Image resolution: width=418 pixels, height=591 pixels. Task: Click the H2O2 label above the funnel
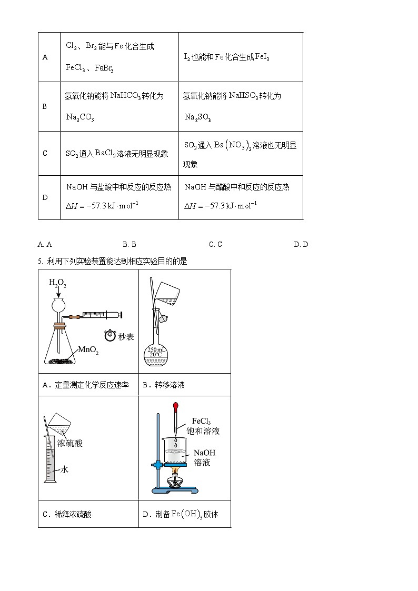click(x=57, y=283)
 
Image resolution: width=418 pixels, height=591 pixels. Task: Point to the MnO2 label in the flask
click(x=88, y=350)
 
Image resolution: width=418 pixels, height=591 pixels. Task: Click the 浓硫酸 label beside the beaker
click(x=70, y=443)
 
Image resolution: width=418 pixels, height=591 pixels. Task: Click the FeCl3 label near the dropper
click(x=202, y=421)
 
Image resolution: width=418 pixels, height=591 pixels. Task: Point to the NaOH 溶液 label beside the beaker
click(x=204, y=457)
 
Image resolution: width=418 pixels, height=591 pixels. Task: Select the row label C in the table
click(x=45, y=154)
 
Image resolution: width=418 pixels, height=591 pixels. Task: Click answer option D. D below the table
click(x=301, y=244)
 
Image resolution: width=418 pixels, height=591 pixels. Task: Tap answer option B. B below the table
click(x=130, y=244)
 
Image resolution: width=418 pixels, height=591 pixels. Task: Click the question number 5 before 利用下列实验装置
click(x=40, y=261)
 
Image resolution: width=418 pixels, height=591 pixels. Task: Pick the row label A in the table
click(x=45, y=57)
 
